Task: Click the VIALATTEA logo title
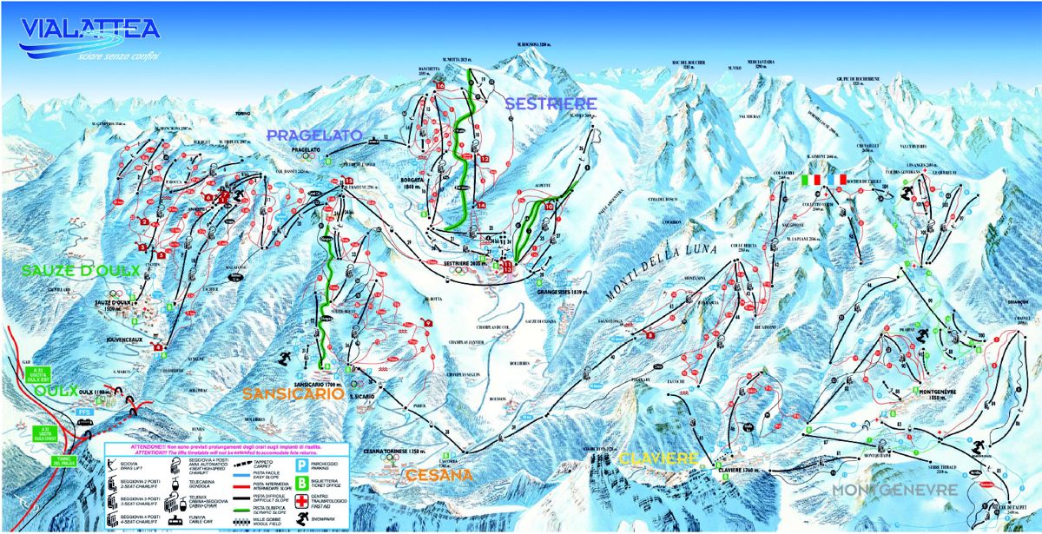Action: [90, 30]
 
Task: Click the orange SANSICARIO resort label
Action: [293, 394]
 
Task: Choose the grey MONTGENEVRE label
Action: [894, 491]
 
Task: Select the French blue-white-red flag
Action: [836, 179]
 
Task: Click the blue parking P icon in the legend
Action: [296, 463]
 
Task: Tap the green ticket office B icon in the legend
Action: [296, 481]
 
